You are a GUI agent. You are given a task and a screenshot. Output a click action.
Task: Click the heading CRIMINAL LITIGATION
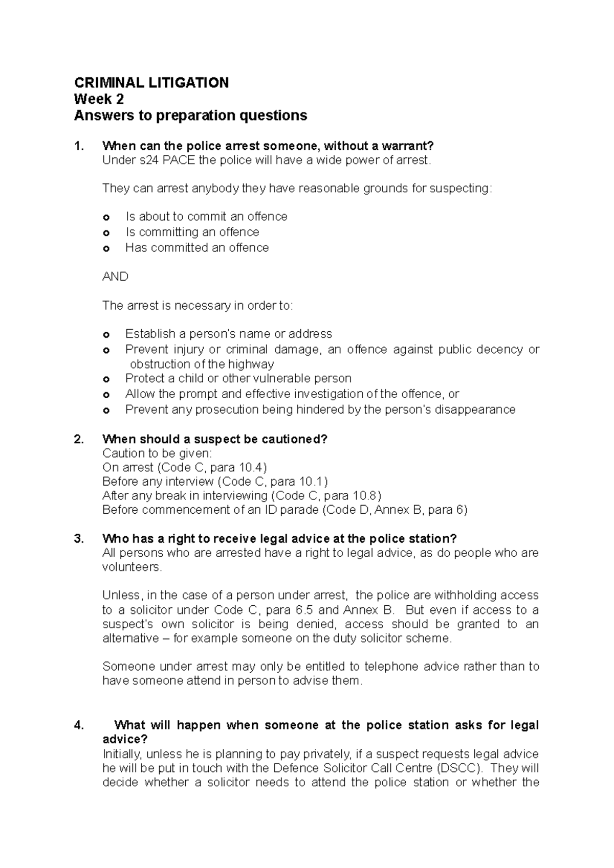[x=151, y=83]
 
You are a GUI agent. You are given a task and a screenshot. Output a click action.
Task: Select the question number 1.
[x=78, y=146]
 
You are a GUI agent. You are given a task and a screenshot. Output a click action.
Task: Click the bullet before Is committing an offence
[x=106, y=233]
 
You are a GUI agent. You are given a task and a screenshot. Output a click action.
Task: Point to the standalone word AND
[x=115, y=277]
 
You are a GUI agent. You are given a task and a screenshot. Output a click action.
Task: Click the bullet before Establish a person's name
[x=106, y=335]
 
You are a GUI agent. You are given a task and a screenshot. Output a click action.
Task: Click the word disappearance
[x=475, y=410]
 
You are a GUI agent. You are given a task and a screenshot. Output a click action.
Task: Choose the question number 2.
[x=78, y=440]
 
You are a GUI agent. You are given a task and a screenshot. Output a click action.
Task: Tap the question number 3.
[x=78, y=539]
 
